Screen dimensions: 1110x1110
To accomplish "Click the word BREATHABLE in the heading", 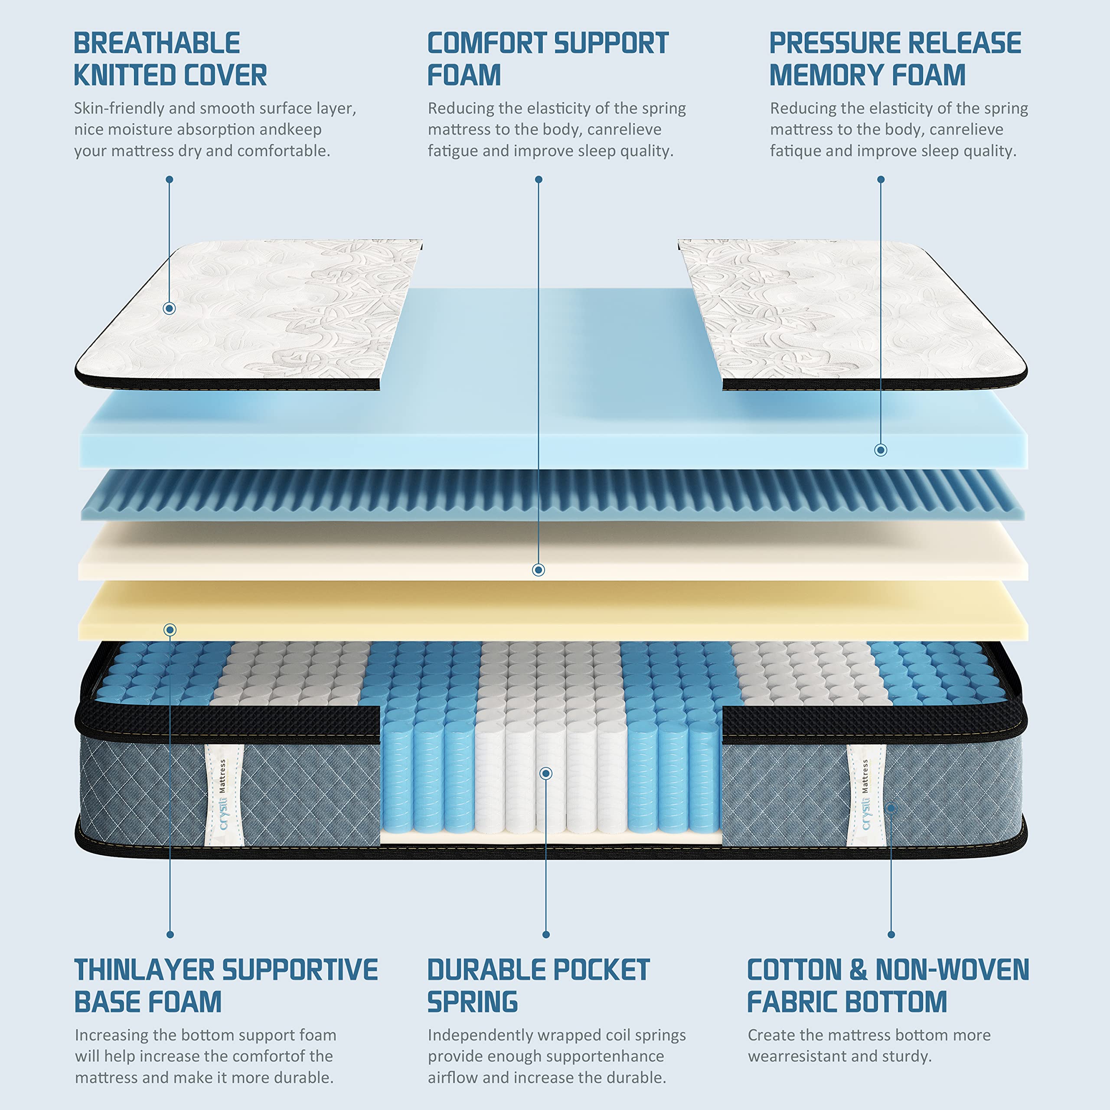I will click(157, 44).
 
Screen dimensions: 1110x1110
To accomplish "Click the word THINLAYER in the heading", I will click(144, 970).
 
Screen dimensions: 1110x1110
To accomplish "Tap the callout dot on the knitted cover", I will click(169, 309).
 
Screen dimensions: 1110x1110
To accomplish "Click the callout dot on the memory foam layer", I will click(880, 450).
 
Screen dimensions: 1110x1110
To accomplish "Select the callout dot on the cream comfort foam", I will click(539, 570).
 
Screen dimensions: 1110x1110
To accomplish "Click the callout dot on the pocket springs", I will click(546, 774).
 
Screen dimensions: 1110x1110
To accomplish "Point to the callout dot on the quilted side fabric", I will click(891, 808).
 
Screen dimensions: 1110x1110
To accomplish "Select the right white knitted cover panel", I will click(850, 310).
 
